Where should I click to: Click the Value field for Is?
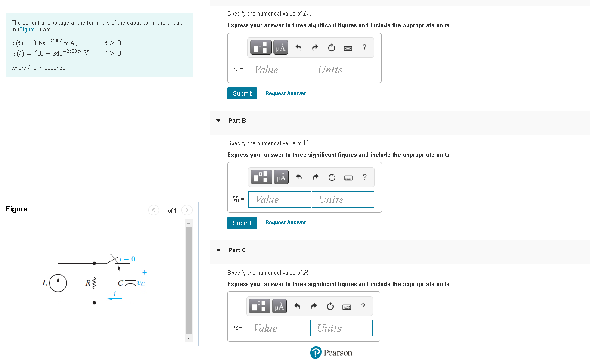pyautogui.click(x=279, y=70)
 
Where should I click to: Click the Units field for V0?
pyautogui.click(x=343, y=199)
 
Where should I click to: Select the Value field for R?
pyautogui.click(x=278, y=328)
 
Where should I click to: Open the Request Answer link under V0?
pyautogui.click(x=286, y=223)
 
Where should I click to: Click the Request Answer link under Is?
pyautogui.click(x=286, y=93)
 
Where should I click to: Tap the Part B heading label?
pyautogui.click(x=237, y=121)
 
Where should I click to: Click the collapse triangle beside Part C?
pyautogui.click(x=218, y=250)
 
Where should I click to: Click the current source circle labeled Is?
pyautogui.click(x=58, y=283)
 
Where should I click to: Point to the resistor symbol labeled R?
pyautogui.click(x=94, y=283)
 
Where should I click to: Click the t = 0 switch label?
pyautogui.click(x=127, y=259)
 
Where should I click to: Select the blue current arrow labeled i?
pyautogui.click(x=115, y=298)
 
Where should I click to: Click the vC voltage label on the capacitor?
pyautogui.click(x=141, y=283)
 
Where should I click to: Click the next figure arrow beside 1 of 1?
pyautogui.click(x=186, y=210)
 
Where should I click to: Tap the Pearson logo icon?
pyautogui.click(x=316, y=353)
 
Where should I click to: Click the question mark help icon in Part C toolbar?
pyautogui.click(x=363, y=306)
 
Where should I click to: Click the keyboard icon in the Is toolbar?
pyautogui.click(x=348, y=48)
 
